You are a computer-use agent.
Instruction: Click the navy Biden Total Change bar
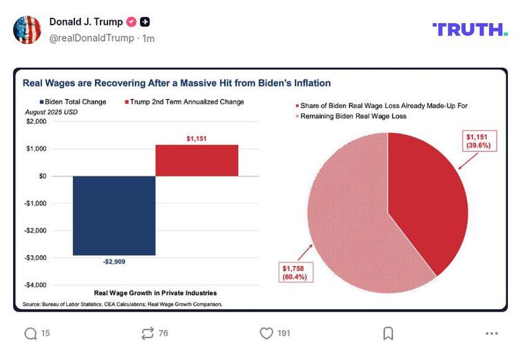click(x=114, y=215)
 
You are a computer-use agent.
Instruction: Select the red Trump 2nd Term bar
click(x=197, y=160)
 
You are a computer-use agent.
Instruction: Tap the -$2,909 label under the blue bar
click(x=114, y=262)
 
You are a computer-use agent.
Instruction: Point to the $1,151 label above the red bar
click(x=197, y=138)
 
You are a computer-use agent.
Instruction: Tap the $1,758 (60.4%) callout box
click(x=293, y=271)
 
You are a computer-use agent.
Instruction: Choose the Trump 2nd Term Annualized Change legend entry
click(x=185, y=102)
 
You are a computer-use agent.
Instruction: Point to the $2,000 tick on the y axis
click(x=36, y=122)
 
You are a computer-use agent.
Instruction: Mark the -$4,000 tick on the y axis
click(x=35, y=285)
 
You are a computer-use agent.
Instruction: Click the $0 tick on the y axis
click(x=42, y=176)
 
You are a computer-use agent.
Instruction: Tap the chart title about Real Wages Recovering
click(x=177, y=83)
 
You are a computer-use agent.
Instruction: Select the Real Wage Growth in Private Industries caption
click(x=156, y=293)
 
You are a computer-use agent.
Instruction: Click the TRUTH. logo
click(x=470, y=29)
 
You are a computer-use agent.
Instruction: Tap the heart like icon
click(x=266, y=333)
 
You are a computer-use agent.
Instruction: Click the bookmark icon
click(x=388, y=333)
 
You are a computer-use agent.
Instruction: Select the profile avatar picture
click(x=27, y=30)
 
